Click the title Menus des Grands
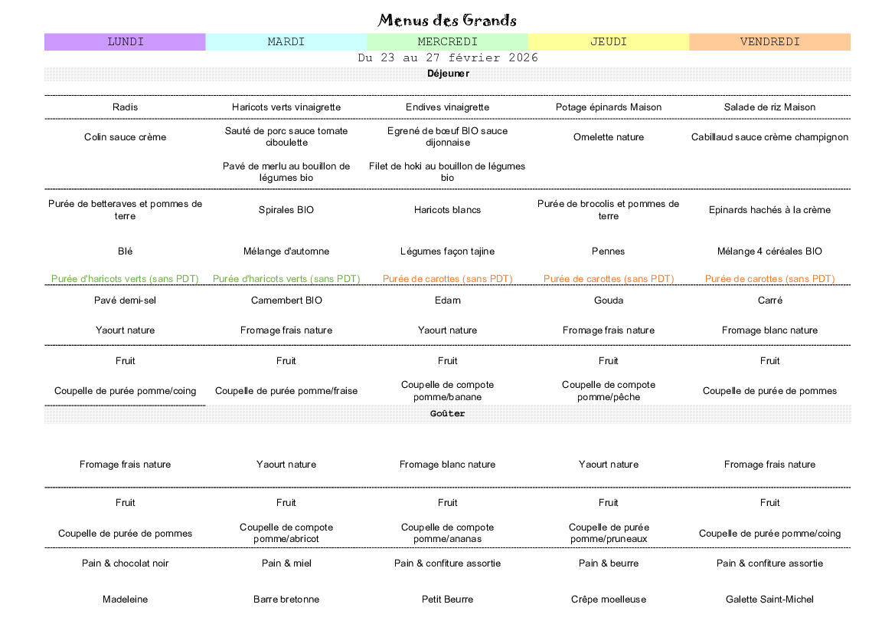447,20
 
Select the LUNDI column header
126,42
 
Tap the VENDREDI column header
769,42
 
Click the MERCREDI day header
447,42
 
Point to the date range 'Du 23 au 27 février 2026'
447,58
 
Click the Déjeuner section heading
448,74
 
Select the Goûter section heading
448,414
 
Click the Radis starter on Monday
126,107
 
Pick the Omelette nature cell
609,137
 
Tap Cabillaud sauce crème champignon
769,137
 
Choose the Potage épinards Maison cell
609,107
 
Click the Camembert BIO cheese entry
286,301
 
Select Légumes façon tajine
447,251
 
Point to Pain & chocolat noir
126,563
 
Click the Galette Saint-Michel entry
769,600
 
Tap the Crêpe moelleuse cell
609,600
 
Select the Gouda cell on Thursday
609,301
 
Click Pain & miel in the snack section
286,563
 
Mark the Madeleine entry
126,600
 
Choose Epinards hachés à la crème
769,210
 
